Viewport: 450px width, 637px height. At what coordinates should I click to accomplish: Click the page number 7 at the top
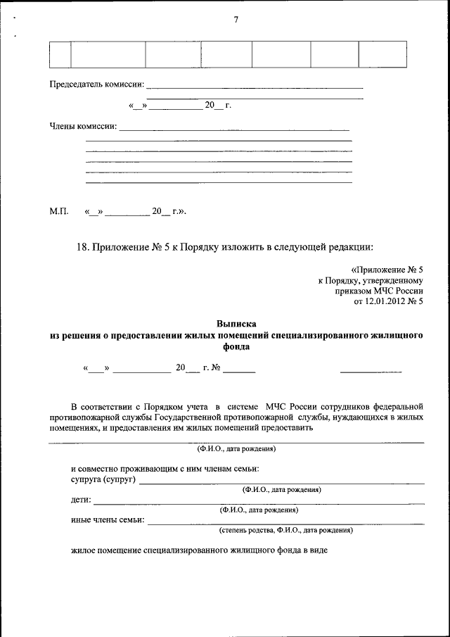(x=236, y=20)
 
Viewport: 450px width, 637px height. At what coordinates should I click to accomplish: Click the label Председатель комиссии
(x=96, y=84)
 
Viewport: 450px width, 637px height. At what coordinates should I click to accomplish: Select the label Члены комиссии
(x=83, y=127)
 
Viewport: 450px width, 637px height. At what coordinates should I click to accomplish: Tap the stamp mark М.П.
(x=58, y=210)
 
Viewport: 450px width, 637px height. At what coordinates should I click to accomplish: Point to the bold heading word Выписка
(x=236, y=324)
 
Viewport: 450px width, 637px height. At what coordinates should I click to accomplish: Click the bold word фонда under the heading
(x=236, y=346)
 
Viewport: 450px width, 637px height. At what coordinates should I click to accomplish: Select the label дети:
(x=81, y=500)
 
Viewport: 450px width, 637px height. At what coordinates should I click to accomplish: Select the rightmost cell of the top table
(x=382, y=54)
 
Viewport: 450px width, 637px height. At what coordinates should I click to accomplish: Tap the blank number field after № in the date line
(x=240, y=369)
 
